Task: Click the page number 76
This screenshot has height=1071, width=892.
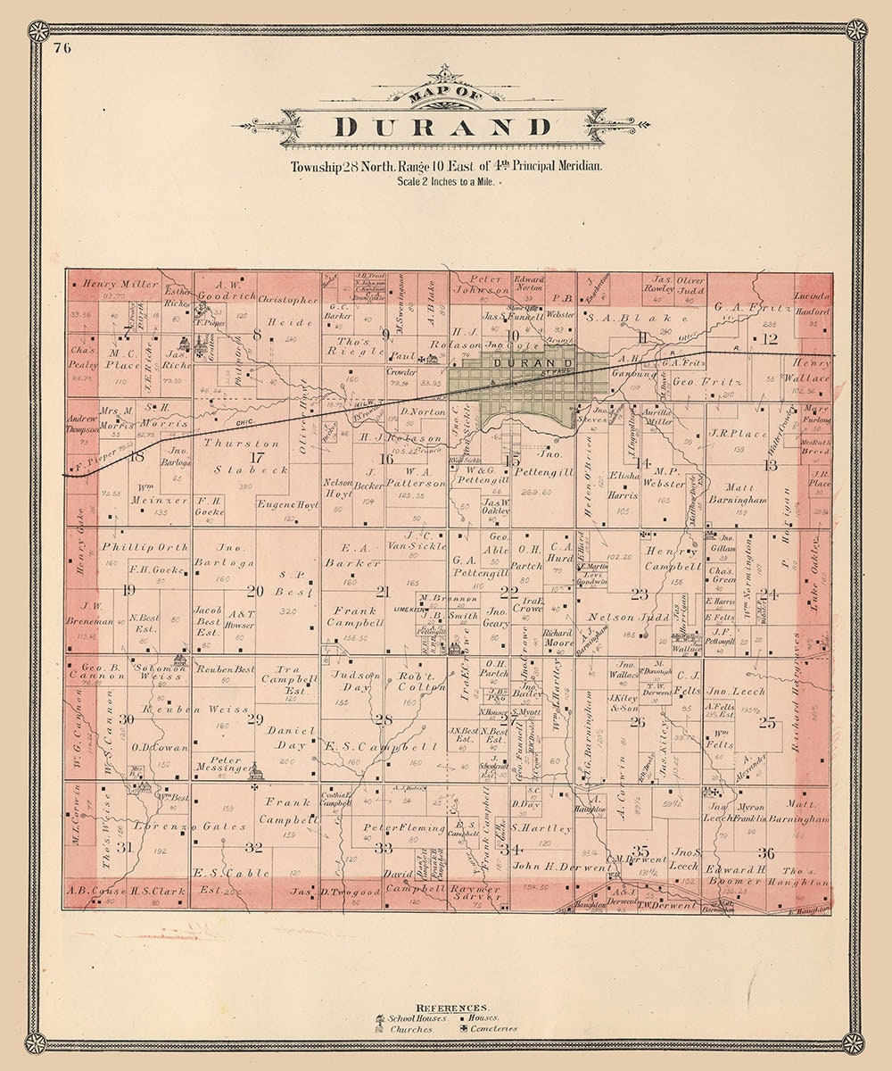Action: click(x=62, y=48)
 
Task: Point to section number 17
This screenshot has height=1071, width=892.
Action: click(x=258, y=457)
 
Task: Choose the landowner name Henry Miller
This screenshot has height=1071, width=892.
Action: click(x=120, y=283)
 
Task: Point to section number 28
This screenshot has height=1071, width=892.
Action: click(x=384, y=719)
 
